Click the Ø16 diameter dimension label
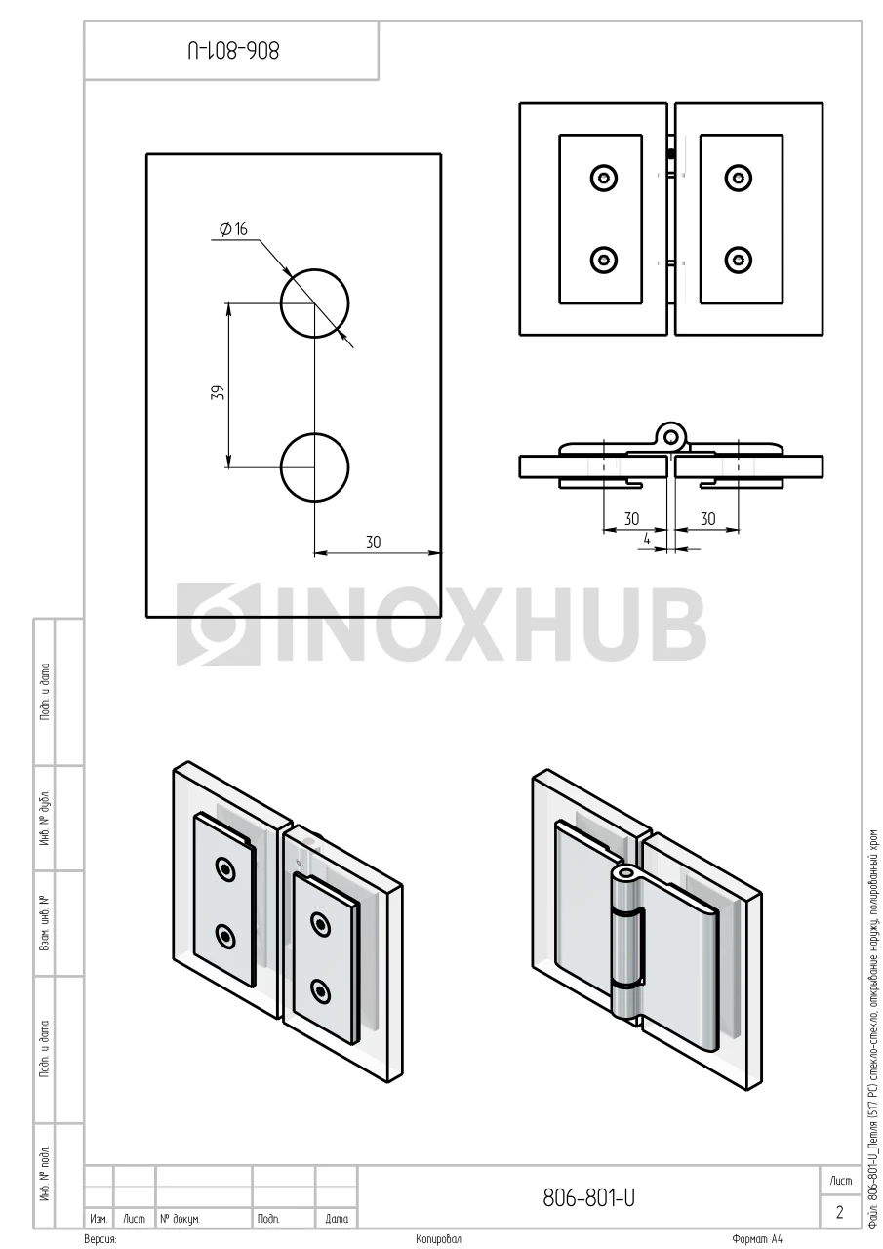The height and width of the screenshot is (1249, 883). [x=233, y=229]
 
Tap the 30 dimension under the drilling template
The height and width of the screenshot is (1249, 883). [x=373, y=542]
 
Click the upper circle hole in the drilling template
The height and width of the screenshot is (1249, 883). [x=314, y=303]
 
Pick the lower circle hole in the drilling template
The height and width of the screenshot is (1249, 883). [x=314, y=467]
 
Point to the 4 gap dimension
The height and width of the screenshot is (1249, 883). [x=647, y=540]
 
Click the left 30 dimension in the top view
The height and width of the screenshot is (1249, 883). [x=631, y=519]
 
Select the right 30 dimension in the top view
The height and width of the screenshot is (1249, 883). [x=707, y=519]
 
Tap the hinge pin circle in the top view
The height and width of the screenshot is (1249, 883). [x=670, y=435]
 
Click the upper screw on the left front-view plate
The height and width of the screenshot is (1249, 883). [x=604, y=179]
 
